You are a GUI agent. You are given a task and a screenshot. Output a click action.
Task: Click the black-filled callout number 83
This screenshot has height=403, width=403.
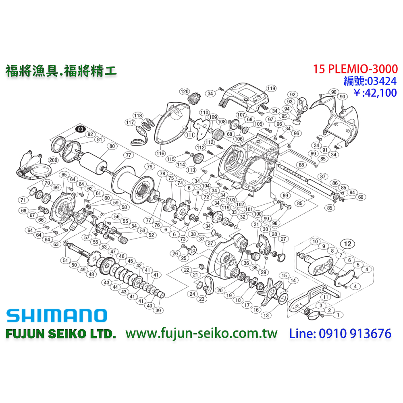pos(81,129)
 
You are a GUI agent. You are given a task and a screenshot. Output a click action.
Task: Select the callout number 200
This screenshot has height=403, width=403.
pos(53,160)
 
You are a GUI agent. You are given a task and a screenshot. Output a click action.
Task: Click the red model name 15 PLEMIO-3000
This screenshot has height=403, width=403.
pos(355,69)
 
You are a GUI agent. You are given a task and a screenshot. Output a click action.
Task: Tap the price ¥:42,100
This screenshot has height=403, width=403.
pos(375,93)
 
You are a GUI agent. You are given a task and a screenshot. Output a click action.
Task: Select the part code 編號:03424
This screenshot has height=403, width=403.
pos(370,81)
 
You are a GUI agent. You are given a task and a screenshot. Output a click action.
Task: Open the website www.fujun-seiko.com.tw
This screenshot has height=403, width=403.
pos(201,334)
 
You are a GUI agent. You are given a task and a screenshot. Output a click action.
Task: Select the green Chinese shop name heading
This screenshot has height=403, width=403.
pos(61,71)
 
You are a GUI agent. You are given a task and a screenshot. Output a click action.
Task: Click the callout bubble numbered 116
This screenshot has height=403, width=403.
pos(161,153)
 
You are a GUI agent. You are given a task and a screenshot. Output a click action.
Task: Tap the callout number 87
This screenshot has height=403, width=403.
pos(322,176)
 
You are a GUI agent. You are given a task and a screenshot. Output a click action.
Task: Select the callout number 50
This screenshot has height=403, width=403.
pos(74,265)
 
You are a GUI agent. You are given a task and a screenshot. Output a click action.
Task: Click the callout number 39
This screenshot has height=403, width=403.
pos(158,310)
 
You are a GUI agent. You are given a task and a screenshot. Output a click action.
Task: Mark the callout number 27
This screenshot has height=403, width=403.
pos(283,239)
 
